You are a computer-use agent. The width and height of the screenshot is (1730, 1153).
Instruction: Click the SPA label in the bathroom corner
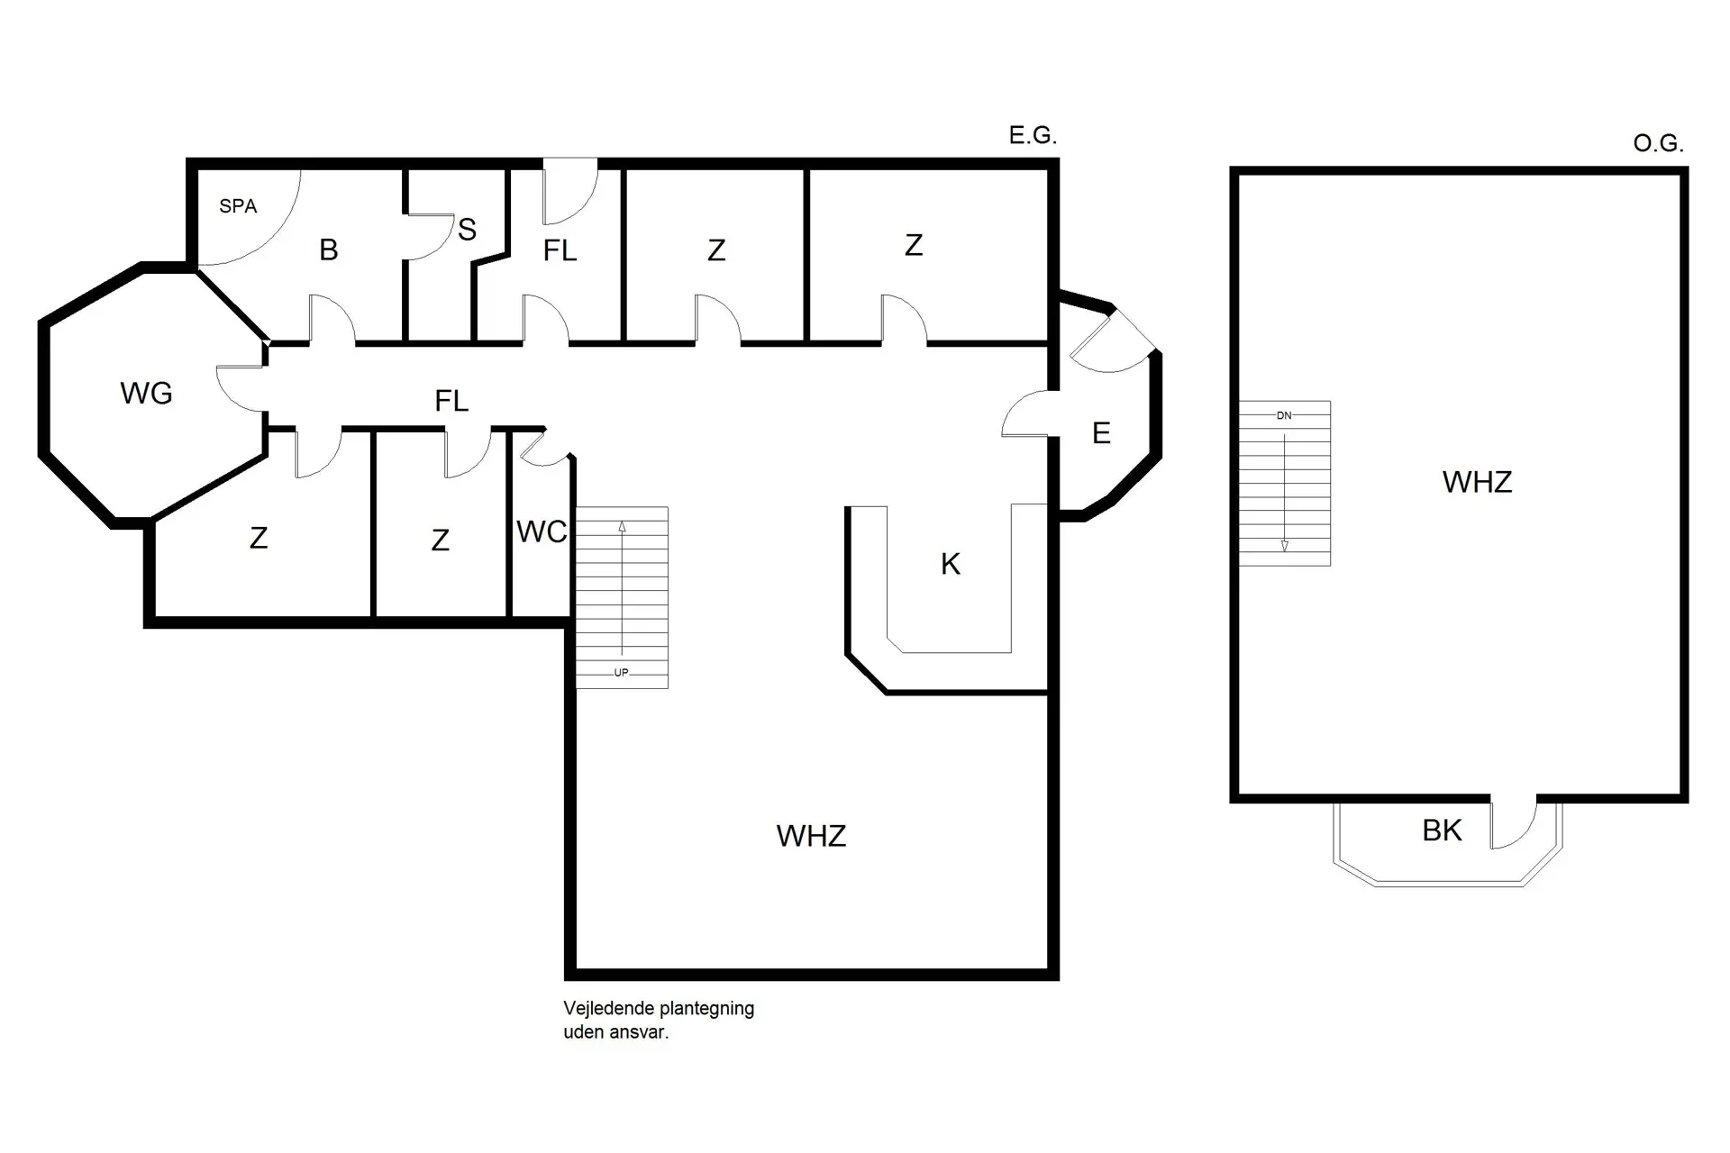pyautogui.click(x=238, y=206)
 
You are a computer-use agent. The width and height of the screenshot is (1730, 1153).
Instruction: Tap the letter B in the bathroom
pyautogui.click(x=329, y=250)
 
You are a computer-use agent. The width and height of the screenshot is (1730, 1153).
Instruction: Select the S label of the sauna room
pyautogui.click(x=467, y=230)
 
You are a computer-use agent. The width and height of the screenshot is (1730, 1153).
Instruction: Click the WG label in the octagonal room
pyautogui.click(x=146, y=393)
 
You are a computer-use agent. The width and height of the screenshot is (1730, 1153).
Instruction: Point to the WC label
pyautogui.click(x=542, y=531)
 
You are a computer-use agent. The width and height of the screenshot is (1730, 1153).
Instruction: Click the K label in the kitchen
pyautogui.click(x=950, y=564)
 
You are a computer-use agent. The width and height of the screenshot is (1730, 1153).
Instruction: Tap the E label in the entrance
pyautogui.click(x=1100, y=433)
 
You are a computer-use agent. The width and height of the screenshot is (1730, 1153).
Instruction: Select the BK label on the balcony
pyautogui.click(x=1442, y=830)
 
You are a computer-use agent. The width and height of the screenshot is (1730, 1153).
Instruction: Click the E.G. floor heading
pyautogui.click(x=1033, y=136)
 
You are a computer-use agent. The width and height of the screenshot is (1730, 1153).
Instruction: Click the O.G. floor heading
pyautogui.click(x=1658, y=143)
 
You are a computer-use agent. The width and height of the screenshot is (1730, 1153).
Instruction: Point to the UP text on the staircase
pyautogui.click(x=621, y=673)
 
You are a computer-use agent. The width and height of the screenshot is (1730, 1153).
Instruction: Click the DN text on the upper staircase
pyautogui.click(x=1284, y=415)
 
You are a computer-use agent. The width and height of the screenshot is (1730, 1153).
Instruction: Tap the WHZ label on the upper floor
pyautogui.click(x=1477, y=482)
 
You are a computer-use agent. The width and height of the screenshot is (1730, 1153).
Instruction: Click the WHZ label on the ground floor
pyautogui.click(x=811, y=836)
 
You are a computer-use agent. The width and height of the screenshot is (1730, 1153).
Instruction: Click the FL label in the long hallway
pyautogui.click(x=451, y=401)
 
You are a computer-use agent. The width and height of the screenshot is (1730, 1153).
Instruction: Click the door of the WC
pyautogui.click(x=543, y=450)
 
